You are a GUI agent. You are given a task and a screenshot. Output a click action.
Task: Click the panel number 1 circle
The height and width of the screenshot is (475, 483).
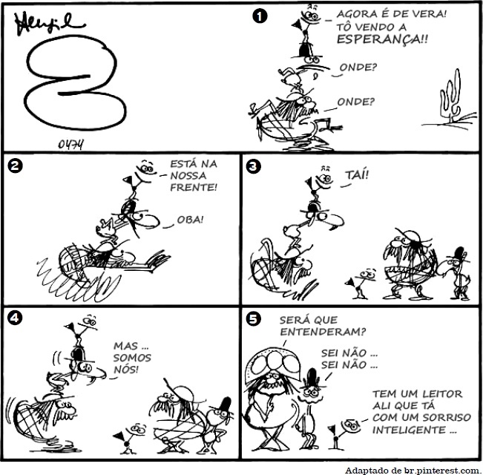coord(260,16)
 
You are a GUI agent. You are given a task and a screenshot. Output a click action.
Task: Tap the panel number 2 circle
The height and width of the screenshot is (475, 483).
coord(15,166)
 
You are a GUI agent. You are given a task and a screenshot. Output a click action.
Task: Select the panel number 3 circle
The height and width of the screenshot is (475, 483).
coord(253,166)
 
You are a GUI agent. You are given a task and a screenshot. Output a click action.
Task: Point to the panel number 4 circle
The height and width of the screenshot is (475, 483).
coord(15,317)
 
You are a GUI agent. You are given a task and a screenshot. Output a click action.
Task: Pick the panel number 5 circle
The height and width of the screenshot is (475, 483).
coord(253,319)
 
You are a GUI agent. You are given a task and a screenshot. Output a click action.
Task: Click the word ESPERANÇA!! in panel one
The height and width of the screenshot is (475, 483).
coord(382,39)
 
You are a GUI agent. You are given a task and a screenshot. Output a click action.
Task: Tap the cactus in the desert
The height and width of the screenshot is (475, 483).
coord(451,96)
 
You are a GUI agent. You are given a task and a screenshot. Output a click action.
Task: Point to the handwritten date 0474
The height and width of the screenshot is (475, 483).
coord(70,144)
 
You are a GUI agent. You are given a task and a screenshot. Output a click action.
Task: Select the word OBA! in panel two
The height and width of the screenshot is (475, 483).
coord(190,220)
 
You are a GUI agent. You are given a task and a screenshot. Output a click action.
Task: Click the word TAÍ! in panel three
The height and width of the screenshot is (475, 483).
coord(357,175)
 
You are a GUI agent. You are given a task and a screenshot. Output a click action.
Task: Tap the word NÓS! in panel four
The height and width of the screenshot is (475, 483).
coord(126,370)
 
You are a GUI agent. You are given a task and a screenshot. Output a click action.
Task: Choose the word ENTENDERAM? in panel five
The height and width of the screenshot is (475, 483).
coord(323,332)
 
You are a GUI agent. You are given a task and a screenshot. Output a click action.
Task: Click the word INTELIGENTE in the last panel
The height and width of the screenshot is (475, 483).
coord(409,430)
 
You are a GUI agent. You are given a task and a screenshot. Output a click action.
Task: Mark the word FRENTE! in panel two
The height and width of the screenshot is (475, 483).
coord(194,187)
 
